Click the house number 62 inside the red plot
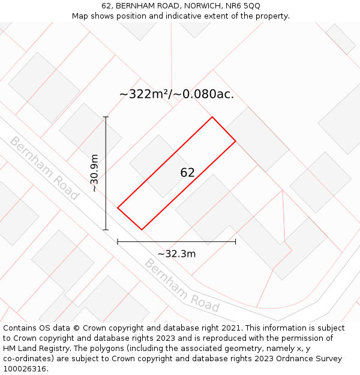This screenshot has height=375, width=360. click(x=187, y=173)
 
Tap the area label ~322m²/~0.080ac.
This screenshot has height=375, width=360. click(x=176, y=94)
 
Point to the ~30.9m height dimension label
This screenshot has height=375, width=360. click(x=94, y=173)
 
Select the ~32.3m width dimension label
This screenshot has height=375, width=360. click(x=176, y=254)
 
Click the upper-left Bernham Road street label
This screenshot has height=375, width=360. click(x=44, y=169)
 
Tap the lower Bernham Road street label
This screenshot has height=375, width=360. click(x=182, y=286)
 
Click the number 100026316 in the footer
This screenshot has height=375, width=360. click(x=25, y=369)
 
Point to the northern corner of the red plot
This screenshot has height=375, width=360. click(x=212, y=117)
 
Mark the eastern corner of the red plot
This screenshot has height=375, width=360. click(x=235, y=141)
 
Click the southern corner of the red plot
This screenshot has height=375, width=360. click(x=142, y=229)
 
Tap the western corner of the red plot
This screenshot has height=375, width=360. click(x=118, y=208)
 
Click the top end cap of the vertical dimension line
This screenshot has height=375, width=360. click(x=106, y=116)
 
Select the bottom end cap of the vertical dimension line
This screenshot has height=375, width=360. click(x=106, y=230)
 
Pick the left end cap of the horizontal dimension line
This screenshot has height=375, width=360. click(x=118, y=242)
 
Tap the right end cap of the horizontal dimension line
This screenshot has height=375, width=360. click(x=235, y=242)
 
